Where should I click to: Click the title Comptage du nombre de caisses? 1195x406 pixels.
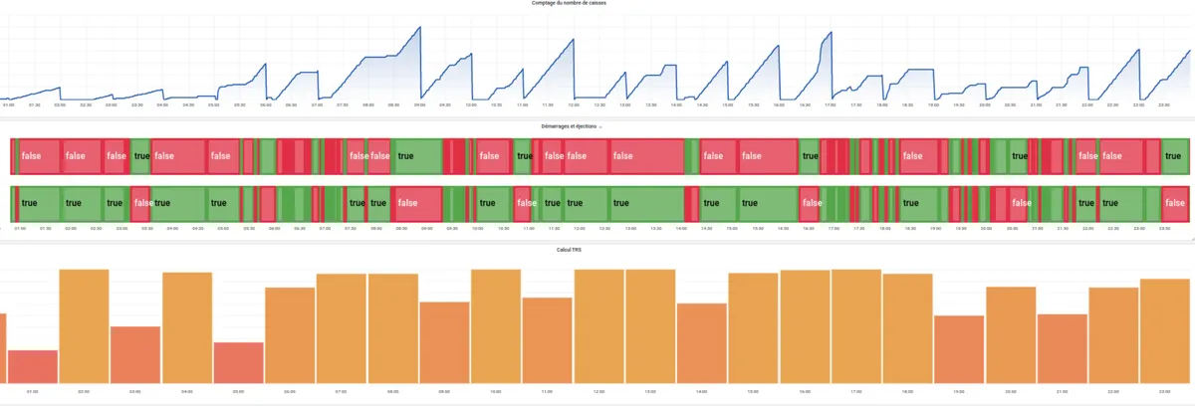pos(597,4)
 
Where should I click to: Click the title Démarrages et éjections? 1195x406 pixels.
pos(594,127)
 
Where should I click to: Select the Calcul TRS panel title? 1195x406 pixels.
pos(597,249)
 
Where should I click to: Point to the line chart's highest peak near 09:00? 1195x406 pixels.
pos(418,28)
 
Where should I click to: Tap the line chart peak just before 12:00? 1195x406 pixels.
pos(574,40)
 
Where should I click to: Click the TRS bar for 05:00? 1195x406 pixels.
pos(239,362)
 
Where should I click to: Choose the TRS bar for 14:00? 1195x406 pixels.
pos(702,342)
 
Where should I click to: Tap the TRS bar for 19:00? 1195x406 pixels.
pos(959,348)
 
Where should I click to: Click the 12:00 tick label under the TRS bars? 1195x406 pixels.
pos(598,391)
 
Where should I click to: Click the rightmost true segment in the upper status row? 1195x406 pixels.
pos(1175,155)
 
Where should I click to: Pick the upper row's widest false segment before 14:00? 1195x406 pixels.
pos(644,155)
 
